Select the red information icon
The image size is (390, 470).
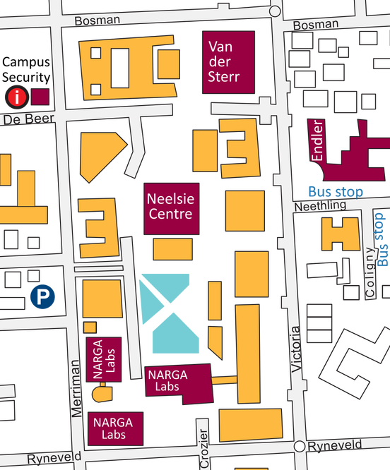pyautogui.click(x=15, y=96)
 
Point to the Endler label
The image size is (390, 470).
pyautogui.click(x=317, y=140)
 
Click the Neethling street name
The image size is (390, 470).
pyautogui.click(x=320, y=205)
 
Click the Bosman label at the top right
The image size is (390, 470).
pyautogui.click(x=315, y=25)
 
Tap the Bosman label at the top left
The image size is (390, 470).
pyautogui.click(x=97, y=20)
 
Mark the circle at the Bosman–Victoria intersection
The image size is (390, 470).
pyautogui.click(x=276, y=11)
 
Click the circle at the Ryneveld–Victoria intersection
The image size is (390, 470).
pyautogui.click(x=300, y=447)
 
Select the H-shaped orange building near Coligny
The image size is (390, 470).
pyautogui.click(x=340, y=233)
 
